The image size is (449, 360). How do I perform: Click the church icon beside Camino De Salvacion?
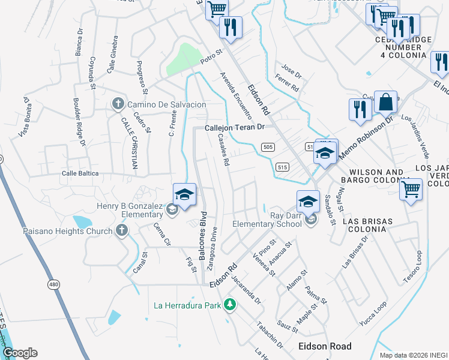[x=118, y=104]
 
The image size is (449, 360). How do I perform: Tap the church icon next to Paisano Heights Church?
[x=122, y=230]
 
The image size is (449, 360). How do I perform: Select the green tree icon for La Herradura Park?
[x=229, y=305]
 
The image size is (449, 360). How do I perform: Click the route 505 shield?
[x=268, y=147]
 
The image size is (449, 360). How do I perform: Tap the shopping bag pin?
[x=385, y=103]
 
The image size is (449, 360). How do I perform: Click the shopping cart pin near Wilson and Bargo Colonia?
[x=411, y=190]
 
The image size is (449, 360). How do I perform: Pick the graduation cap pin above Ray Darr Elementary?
[x=308, y=201]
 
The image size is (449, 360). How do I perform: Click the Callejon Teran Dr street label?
[x=235, y=128]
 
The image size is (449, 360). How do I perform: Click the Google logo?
[x=20, y=352]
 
